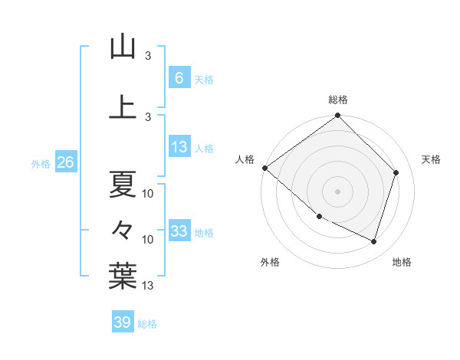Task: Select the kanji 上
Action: (x=123, y=107)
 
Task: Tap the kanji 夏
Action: (x=123, y=184)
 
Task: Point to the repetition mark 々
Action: (x=123, y=229)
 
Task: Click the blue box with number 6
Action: (x=179, y=78)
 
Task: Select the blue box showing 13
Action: (x=179, y=147)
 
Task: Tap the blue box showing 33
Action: (x=179, y=231)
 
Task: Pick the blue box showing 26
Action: (x=65, y=162)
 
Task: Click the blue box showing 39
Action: (x=122, y=322)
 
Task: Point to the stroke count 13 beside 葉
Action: (x=148, y=286)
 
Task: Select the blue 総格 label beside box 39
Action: (x=147, y=323)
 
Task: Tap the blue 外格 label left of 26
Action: (x=41, y=163)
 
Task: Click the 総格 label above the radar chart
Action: (x=338, y=100)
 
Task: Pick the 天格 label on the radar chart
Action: (x=432, y=159)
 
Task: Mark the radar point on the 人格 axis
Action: (x=264, y=168)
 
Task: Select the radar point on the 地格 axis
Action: (x=374, y=242)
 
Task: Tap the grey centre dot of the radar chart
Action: (x=338, y=191)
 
